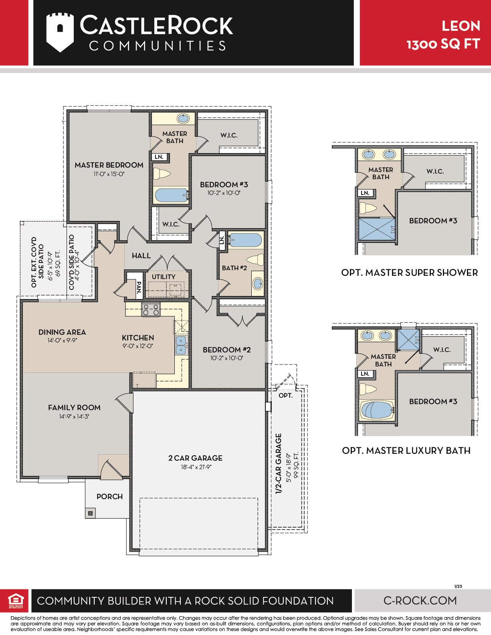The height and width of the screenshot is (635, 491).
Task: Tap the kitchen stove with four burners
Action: coord(151,310)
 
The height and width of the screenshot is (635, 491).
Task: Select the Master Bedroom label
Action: coord(109,165)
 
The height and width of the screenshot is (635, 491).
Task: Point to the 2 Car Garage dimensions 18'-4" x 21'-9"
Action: coord(196,467)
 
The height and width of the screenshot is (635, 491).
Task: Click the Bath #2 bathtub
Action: coord(245,240)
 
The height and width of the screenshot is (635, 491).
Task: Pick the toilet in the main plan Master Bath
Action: coord(162,174)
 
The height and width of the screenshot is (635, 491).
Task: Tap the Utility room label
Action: coord(164,277)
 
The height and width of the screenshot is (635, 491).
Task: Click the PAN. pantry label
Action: coord(139,287)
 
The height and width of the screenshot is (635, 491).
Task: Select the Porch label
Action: coord(109,496)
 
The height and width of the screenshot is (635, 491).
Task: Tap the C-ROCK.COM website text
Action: coord(420,601)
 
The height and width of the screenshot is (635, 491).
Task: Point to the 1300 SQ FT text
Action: coord(443,44)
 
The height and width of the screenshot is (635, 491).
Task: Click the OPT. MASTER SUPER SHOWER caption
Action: coord(410,273)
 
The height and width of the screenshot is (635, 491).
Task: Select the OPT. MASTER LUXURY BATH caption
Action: coord(406,451)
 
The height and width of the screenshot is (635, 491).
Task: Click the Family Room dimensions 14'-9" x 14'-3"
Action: coord(74,417)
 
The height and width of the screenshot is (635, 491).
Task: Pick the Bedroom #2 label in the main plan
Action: coord(226,350)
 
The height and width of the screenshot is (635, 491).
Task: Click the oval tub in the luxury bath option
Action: coord(377,410)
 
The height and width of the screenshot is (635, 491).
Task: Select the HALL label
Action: coord(141,256)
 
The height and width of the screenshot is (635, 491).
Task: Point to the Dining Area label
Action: coord(62,332)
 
